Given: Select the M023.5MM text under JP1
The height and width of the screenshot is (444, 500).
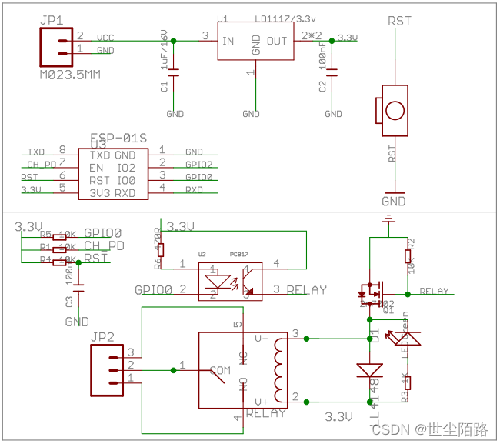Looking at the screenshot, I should [69, 75].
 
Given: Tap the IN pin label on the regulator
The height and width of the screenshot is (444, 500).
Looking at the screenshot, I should [228, 41].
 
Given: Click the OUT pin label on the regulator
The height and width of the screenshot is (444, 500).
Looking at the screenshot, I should [277, 41].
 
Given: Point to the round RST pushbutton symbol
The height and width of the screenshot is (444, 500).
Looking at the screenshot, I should [395, 109].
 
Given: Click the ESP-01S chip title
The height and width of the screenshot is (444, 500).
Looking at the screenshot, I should [118, 138].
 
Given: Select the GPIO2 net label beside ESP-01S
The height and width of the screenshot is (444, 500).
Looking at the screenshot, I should [199, 165].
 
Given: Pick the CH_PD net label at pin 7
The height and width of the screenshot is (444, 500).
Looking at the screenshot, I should [42, 165].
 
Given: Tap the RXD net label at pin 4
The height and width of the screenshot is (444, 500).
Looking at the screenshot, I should [194, 189].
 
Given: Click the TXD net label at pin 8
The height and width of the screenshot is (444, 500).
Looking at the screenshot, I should [36, 152].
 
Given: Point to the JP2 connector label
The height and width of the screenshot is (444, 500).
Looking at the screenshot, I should [102, 336].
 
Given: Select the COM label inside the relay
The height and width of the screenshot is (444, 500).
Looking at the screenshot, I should [220, 371].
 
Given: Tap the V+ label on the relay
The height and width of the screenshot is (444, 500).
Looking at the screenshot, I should [263, 402].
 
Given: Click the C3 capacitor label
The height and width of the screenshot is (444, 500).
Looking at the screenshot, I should [70, 302].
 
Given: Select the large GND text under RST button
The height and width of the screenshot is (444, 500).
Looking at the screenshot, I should [394, 202].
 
